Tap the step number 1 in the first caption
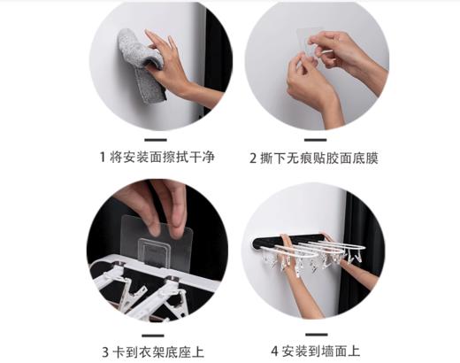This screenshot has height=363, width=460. coord(103,158)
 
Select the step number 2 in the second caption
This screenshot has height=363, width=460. coord(254,158)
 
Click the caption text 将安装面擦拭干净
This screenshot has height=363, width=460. coord(164,158)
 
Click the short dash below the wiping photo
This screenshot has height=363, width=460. coord(155,139)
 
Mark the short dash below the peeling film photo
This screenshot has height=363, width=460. coord(311,139)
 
